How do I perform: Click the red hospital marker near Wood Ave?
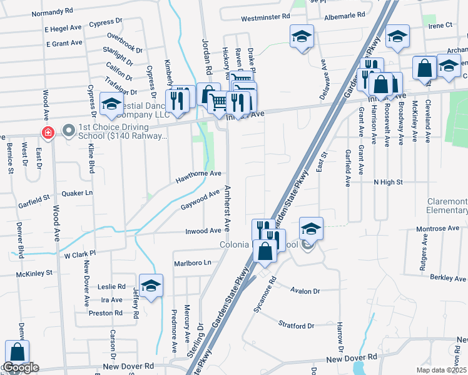pos(46,132)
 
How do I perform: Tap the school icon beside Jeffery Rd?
pos(151,286)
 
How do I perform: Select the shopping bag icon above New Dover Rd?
pos(17,352)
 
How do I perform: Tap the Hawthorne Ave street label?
pos(198,174)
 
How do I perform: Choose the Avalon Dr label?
pos(306,291)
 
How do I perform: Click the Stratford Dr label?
pos(297,326)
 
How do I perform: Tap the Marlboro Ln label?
pos(193,263)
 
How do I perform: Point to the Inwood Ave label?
pos(203,231)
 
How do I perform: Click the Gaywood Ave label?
pos(200,201)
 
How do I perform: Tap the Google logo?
pos(21,368)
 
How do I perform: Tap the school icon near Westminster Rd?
pos(301,36)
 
